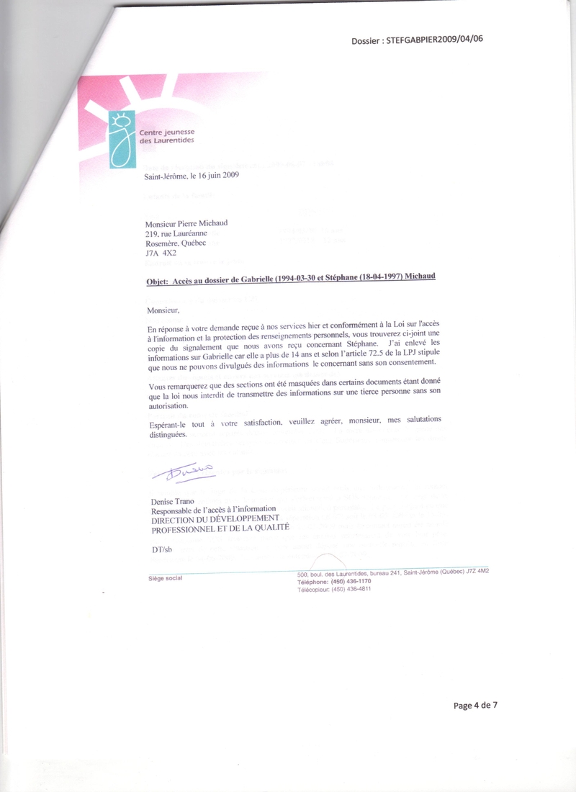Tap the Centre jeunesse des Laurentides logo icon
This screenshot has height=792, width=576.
point(123,140)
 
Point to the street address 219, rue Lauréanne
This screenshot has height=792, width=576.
point(176,233)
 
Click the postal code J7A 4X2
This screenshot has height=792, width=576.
point(161,253)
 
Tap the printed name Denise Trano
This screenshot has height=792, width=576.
point(169,500)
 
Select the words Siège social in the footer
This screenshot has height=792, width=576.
point(160,578)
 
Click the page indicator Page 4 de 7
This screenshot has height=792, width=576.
point(475,705)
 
